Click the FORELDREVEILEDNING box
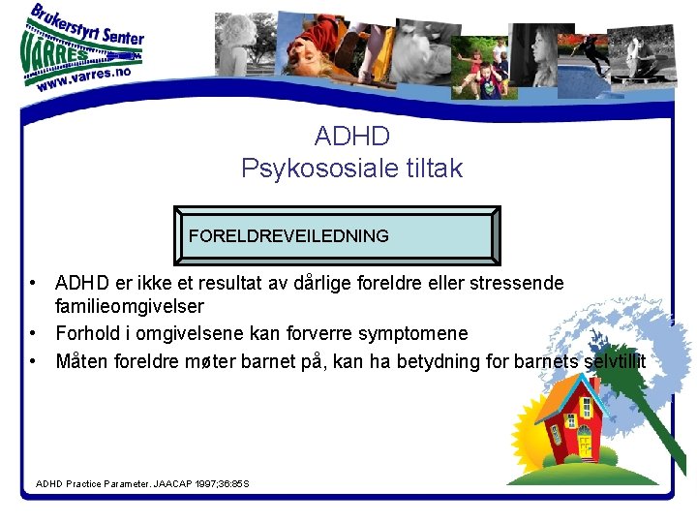pyautogui.click(x=336, y=235)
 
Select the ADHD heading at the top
pyautogui.click(x=351, y=135)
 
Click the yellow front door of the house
pyautogui.click(x=584, y=445)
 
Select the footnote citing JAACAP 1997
pyautogui.click(x=142, y=482)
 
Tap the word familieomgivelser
pyautogui.click(x=130, y=306)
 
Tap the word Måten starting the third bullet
pyautogui.click(x=82, y=361)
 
